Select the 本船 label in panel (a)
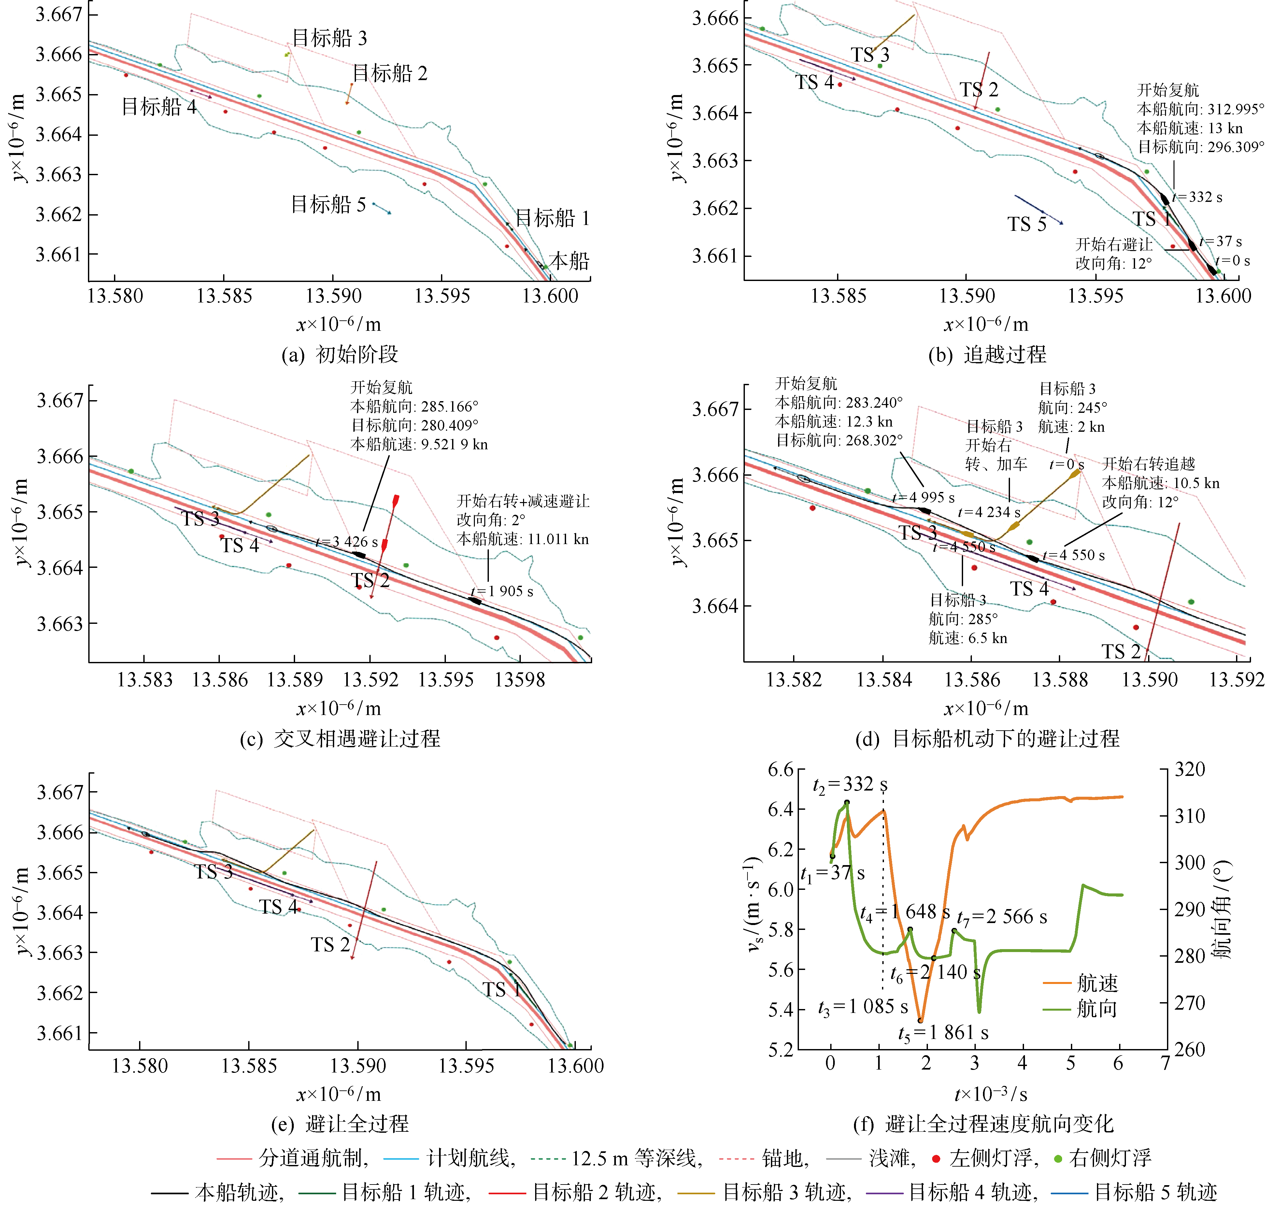point(569,261)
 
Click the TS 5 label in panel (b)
point(1027,224)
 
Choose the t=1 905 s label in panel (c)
point(502,591)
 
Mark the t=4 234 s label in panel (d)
point(989,512)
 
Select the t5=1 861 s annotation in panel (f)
point(943,1033)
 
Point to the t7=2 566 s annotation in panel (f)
point(1002,917)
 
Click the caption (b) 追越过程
point(987,354)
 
